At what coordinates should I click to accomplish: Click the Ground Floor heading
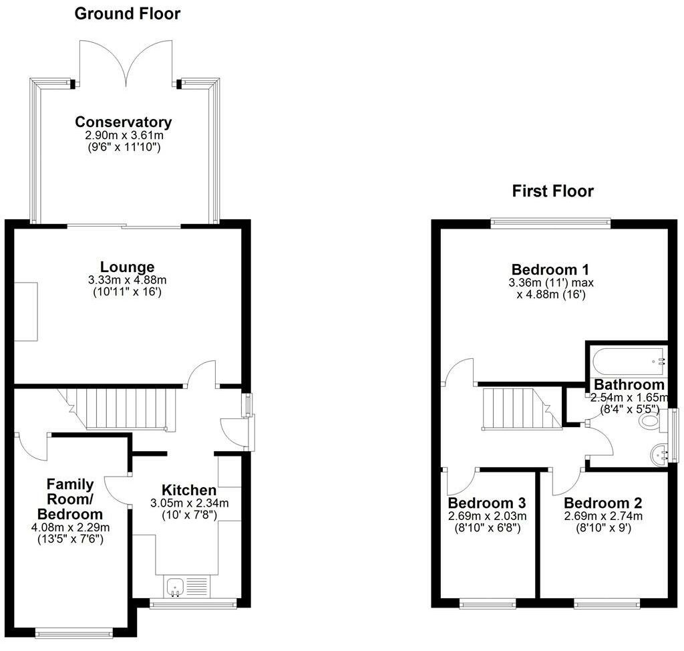(x=127, y=13)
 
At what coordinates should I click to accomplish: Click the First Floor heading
(x=552, y=191)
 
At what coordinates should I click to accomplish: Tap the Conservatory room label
(x=124, y=122)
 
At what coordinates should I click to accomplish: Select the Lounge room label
(x=128, y=267)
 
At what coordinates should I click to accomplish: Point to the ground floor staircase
(x=127, y=408)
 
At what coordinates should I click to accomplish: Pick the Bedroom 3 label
(x=487, y=503)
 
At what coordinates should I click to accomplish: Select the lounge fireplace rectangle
(x=27, y=311)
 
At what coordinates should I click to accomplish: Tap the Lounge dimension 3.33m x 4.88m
(x=128, y=280)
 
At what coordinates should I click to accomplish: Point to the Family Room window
(x=75, y=632)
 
